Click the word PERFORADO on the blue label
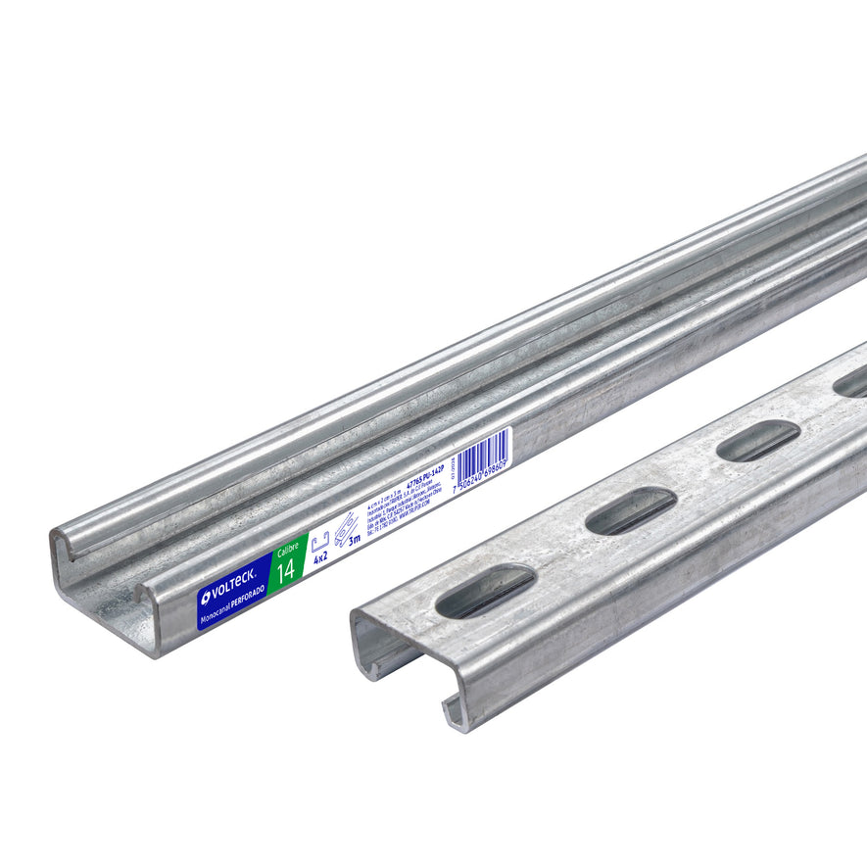pos(249,609)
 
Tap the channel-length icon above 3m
pos(345,530)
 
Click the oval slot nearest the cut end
pos(485,592)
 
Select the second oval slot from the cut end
pos(632,510)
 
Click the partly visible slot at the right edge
pos(850,383)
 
